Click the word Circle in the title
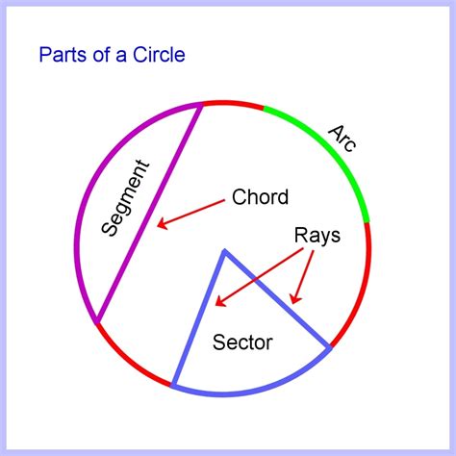coord(159,55)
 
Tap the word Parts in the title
coord(63,55)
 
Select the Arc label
coord(342,138)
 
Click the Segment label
coord(125,198)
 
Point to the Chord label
coord(260,196)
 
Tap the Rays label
coord(317,236)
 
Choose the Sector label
coord(242,342)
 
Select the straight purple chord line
coord(149,214)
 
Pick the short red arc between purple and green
coord(234,103)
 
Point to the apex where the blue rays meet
coord(225,251)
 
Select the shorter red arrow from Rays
coord(303,276)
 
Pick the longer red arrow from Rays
coord(259,277)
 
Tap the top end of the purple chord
coord(201,105)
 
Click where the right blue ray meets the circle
coord(330,347)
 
